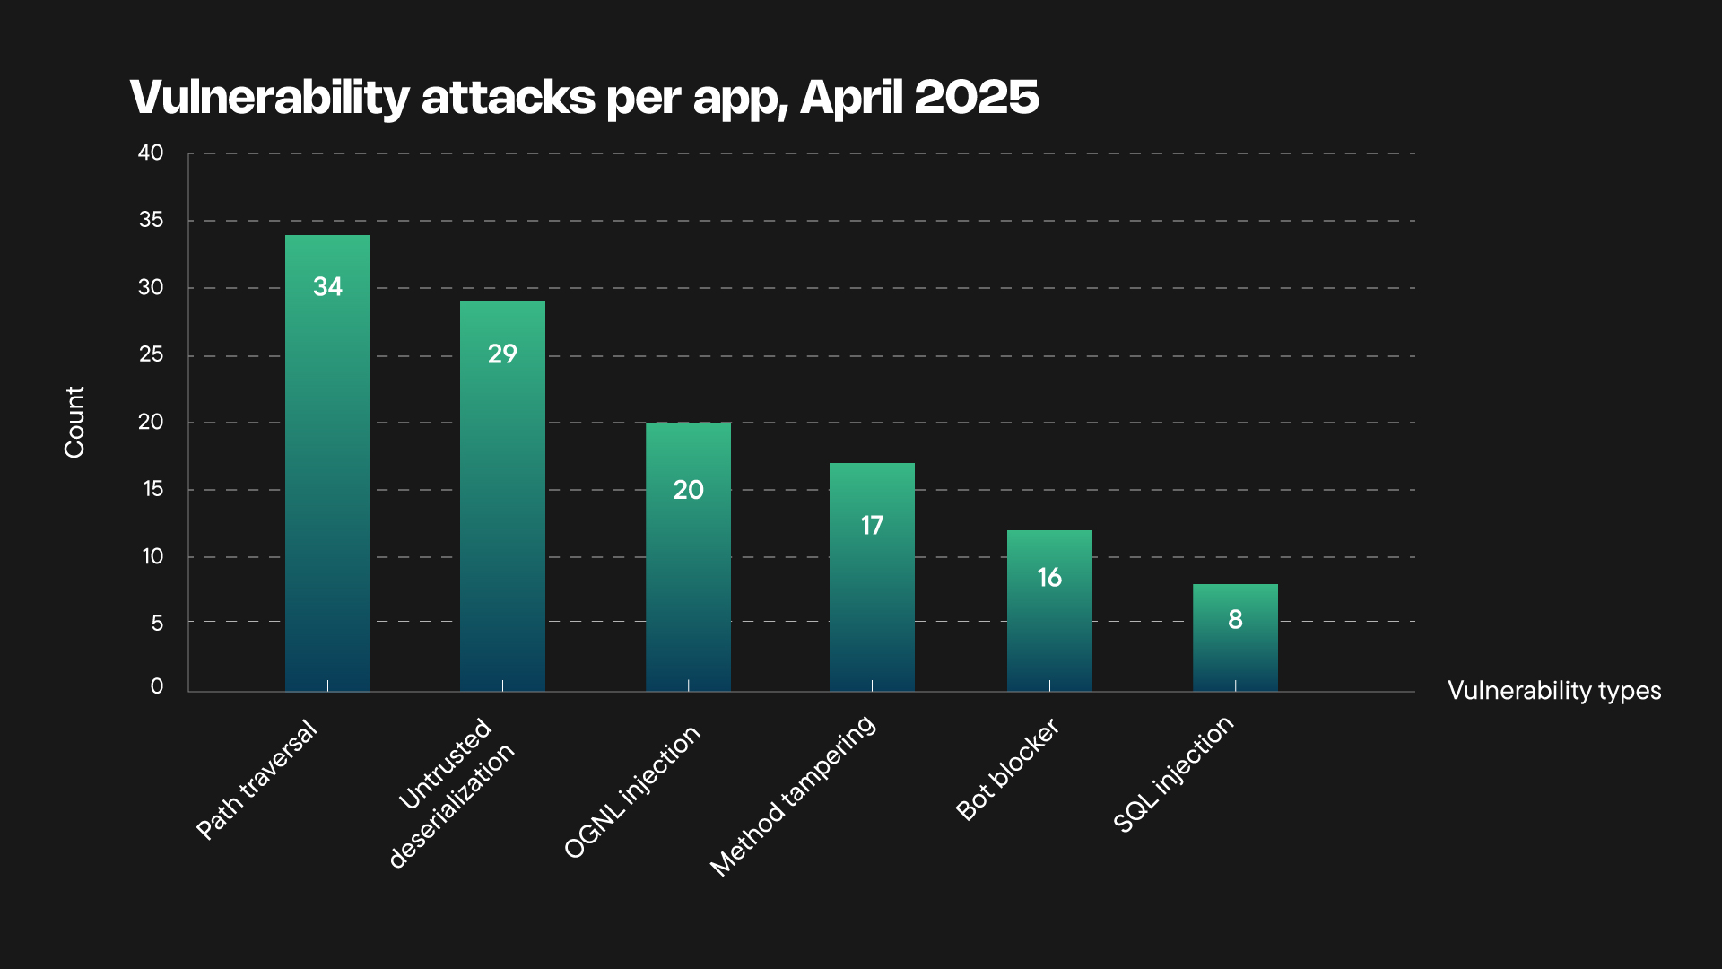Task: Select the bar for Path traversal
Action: pyautogui.click(x=327, y=467)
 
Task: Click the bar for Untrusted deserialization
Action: pyautogui.click(x=502, y=502)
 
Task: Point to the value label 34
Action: pyautogui.click(x=327, y=287)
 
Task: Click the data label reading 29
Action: pyautogui.click(x=502, y=354)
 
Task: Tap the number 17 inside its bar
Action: pyautogui.click(x=872, y=526)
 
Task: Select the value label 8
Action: pyautogui.click(x=1235, y=620)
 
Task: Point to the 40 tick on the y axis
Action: pyautogui.click(x=151, y=153)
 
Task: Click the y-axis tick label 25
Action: pyautogui.click(x=151, y=355)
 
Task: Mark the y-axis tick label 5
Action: pyautogui.click(x=157, y=623)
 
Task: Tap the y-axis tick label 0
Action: pyautogui.click(x=157, y=686)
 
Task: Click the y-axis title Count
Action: pyautogui.click(x=74, y=422)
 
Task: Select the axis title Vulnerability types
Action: pyautogui.click(x=1553, y=691)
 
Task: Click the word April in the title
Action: pyautogui.click(x=850, y=97)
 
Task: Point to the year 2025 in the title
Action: pyautogui.click(x=977, y=97)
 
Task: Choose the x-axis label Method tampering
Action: pyautogui.click(x=793, y=795)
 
